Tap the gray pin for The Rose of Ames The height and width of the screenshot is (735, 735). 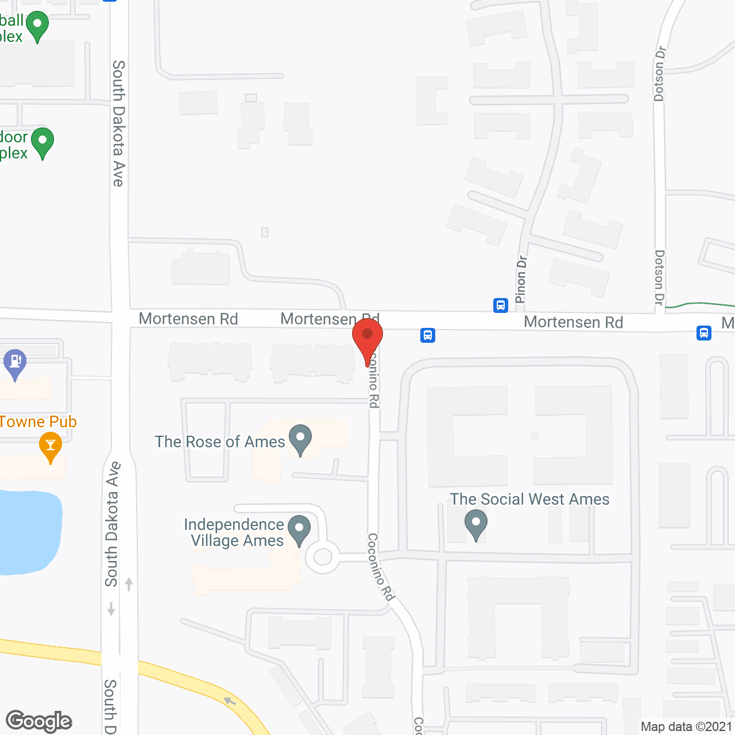[x=300, y=439]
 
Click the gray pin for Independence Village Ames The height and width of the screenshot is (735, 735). [x=299, y=529]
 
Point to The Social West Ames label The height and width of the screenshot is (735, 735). [x=529, y=499]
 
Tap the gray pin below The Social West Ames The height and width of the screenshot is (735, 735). [x=476, y=525]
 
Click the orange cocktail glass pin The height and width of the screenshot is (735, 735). [x=51, y=446]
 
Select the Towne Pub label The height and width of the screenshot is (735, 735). [x=38, y=421]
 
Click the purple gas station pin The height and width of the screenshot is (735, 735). [x=15, y=363]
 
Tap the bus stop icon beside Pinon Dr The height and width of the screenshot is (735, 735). [x=501, y=305]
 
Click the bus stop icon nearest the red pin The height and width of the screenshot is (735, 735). [x=428, y=335]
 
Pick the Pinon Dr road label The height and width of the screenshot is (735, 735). [x=521, y=279]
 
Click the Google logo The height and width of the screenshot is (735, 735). [x=39, y=721]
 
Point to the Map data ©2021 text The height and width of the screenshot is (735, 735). [x=686, y=726]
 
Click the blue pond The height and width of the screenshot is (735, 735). [x=29, y=531]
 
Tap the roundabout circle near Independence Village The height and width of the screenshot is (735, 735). [x=323, y=556]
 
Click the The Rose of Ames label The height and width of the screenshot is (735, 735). [x=220, y=442]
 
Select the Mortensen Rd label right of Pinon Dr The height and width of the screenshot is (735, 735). [x=573, y=322]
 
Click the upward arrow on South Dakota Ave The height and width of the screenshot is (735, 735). [x=129, y=584]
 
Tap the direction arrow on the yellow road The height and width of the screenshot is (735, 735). [x=230, y=701]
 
